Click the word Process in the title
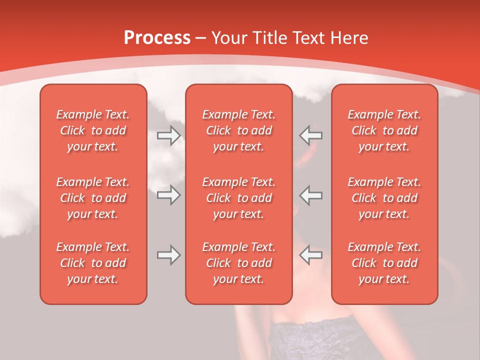157,38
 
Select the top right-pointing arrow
168,135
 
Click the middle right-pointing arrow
168,195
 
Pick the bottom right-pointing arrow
168,255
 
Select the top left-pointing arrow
311,135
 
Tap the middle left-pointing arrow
311,195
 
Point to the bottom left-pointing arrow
311,255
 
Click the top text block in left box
93,130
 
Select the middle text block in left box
93,198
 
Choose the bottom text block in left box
93,263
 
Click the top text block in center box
239,130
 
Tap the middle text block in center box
239,198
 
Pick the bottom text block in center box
239,263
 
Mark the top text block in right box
384,130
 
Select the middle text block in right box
384,198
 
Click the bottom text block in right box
384,263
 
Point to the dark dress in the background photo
320,337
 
